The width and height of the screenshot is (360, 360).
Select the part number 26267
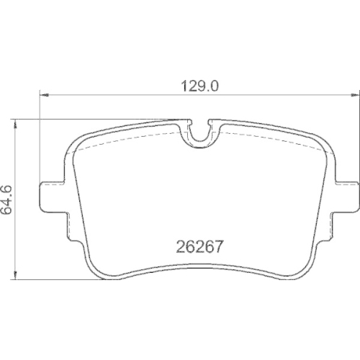[x=198, y=246]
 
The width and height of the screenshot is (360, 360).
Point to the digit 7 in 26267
[x=215, y=246]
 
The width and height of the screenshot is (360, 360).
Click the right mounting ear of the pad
[x=345, y=196]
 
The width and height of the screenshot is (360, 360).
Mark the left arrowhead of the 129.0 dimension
[x=42, y=94]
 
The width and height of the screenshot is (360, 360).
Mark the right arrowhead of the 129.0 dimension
[x=354, y=94]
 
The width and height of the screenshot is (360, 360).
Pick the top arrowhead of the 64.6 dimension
[x=14, y=122]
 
